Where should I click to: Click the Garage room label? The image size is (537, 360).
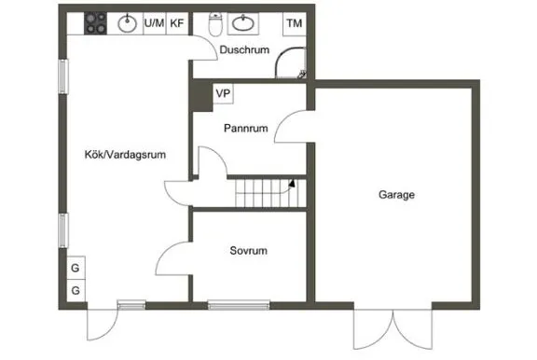tap(396, 196)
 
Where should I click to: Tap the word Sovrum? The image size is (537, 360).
tap(249, 251)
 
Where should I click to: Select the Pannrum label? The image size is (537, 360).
tap(247, 130)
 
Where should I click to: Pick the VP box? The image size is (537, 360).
tap(223, 93)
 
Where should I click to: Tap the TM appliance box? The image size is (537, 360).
tap(295, 22)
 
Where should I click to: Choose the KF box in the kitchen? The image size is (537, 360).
tap(176, 22)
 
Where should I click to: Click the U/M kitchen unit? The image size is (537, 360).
tap(154, 22)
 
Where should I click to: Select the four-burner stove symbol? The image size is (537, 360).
tap(97, 21)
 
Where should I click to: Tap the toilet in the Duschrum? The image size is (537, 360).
tap(215, 21)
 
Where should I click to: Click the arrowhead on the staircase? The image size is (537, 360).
tap(292, 183)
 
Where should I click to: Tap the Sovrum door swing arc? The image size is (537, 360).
tap(169, 256)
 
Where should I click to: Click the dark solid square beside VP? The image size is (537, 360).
tap(200, 94)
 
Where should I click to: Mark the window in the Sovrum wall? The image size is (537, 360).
tap(238, 303)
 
